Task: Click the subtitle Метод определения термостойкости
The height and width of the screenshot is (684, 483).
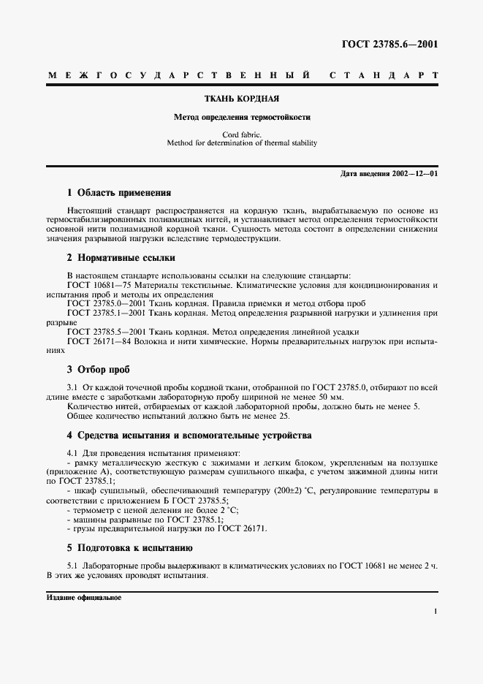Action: (242, 117)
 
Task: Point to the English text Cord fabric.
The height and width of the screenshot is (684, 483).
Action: (242, 135)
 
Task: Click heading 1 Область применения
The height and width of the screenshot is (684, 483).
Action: (118, 193)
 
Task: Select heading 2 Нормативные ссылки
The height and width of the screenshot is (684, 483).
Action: (121, 258)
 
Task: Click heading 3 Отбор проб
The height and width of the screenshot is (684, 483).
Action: (98, 370)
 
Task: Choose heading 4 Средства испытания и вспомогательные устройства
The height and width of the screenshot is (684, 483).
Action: (189, 436)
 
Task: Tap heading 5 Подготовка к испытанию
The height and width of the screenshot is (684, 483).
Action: (129, 547)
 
